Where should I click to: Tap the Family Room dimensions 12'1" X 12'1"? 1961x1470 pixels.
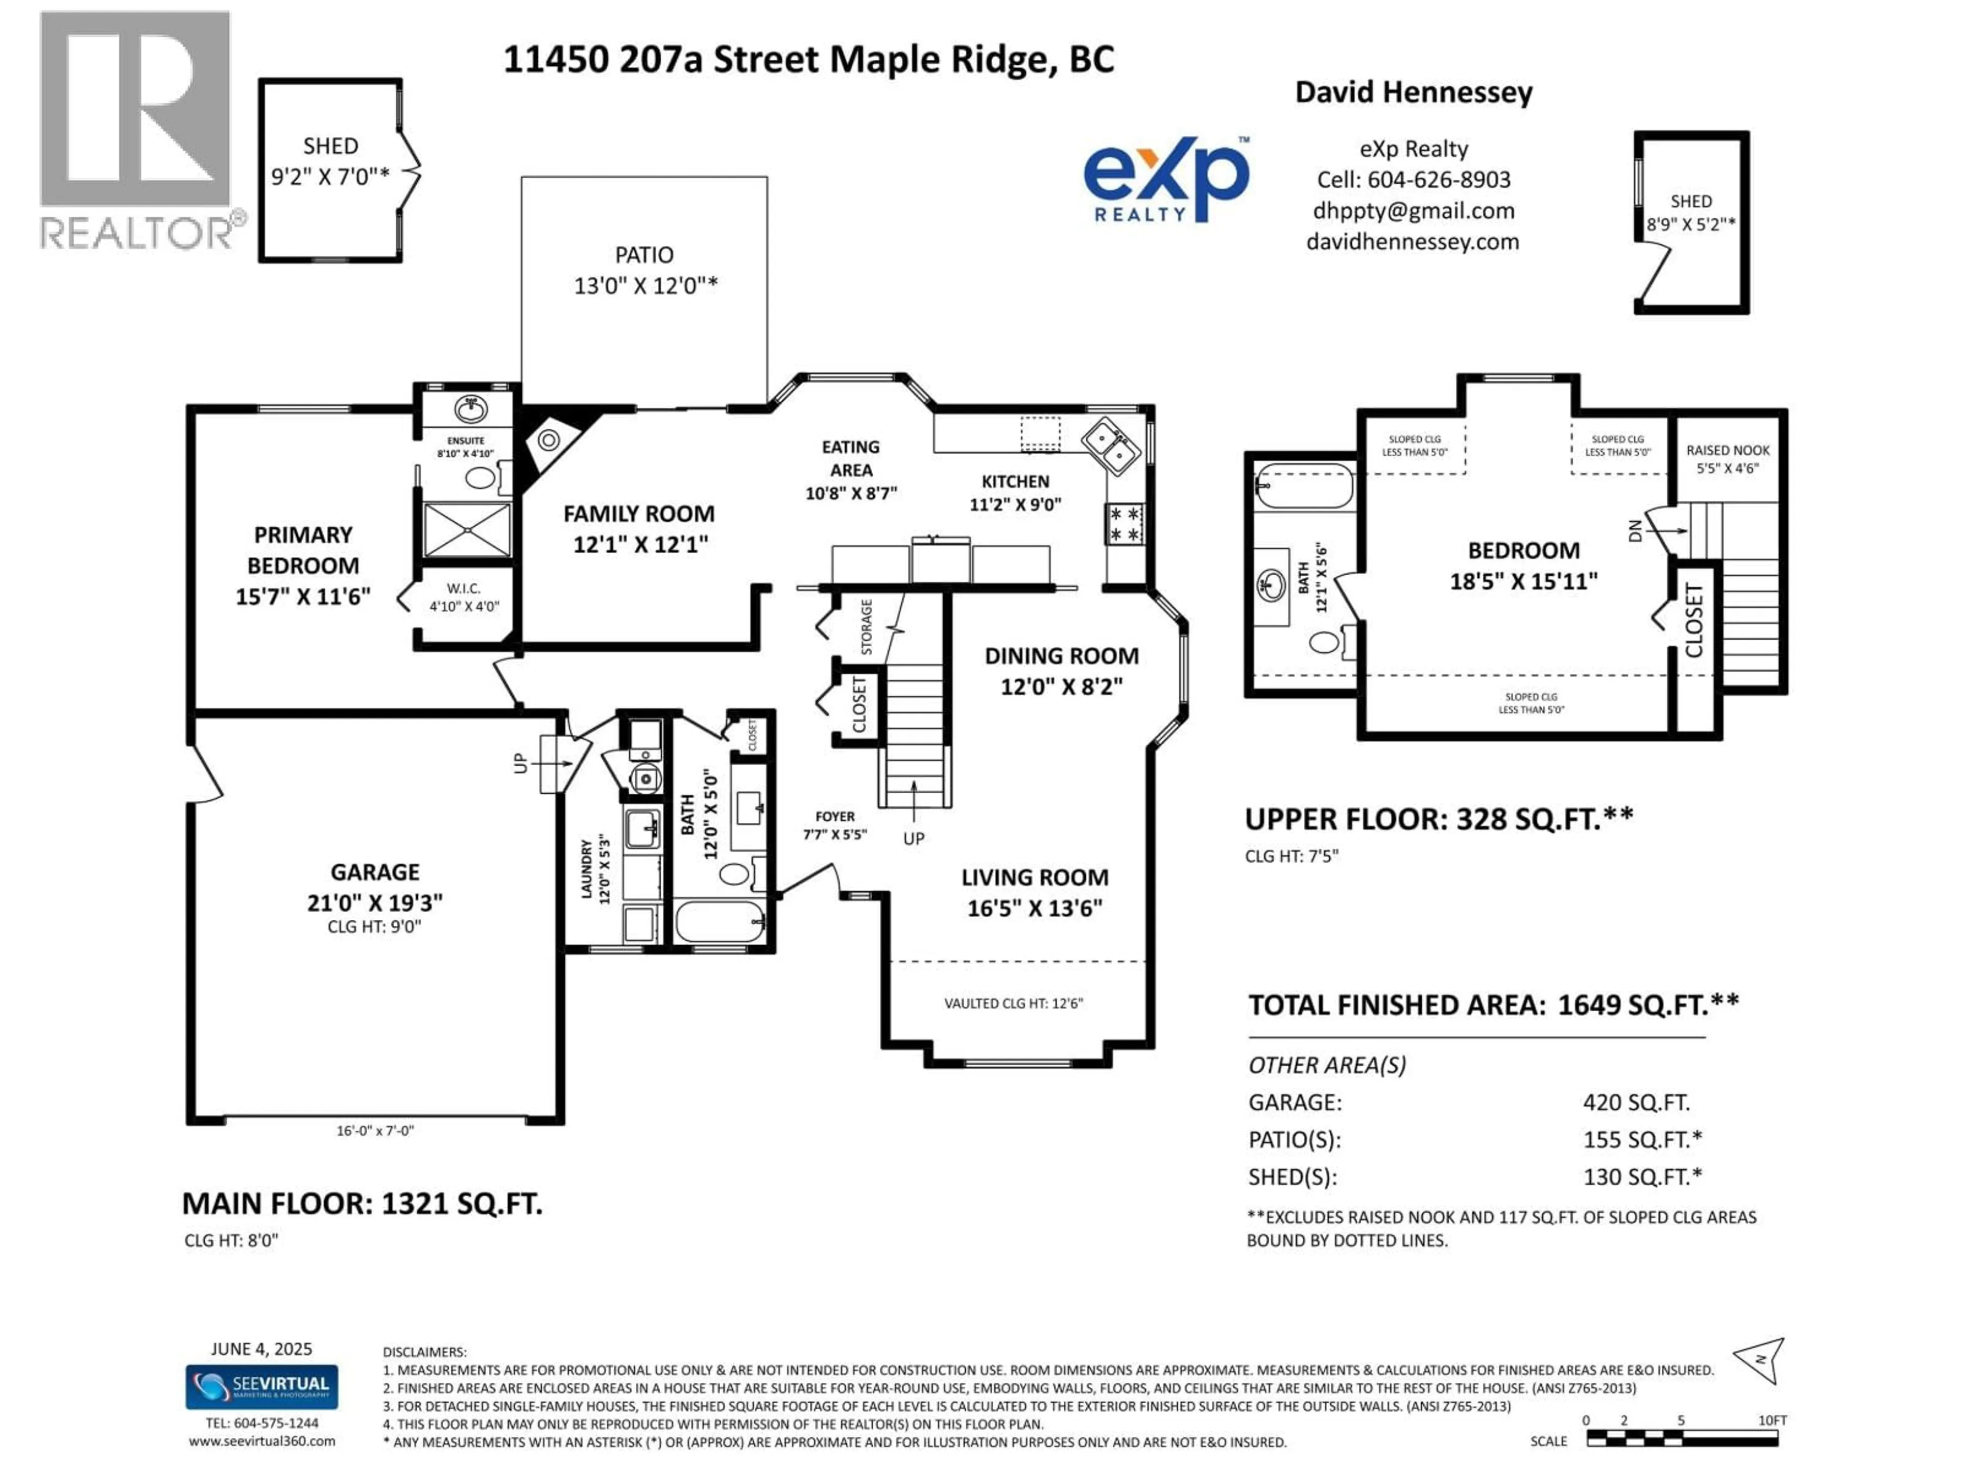(x=640, y=544)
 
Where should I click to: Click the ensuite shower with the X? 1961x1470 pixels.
(x=466, y=530)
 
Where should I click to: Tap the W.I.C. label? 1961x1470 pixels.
(x=464, y=589)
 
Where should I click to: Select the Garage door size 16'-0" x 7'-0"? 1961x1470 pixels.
(x=375, y=1131)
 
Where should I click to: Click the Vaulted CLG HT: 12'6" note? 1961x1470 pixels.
(x=1013, y=1003)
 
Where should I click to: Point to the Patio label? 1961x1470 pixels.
(x=643, y=255)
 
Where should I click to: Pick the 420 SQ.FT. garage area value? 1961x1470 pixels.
(x=1636, y=1102)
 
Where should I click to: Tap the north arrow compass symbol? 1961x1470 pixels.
(x=1760, y=1361)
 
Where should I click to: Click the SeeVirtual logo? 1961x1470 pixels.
(x=261, y=1387)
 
